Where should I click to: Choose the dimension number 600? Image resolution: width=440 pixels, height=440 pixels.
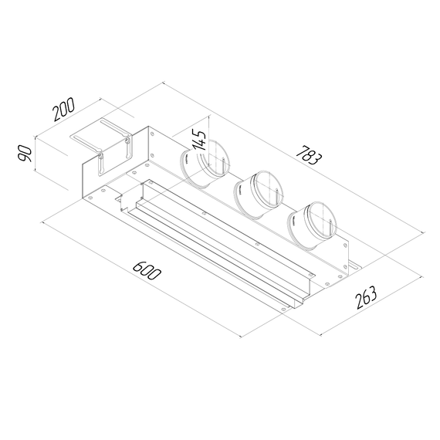[146, 271]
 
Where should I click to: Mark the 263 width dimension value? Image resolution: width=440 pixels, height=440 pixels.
[367, 297]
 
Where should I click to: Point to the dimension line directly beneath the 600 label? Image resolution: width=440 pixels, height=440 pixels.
[143, 280]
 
